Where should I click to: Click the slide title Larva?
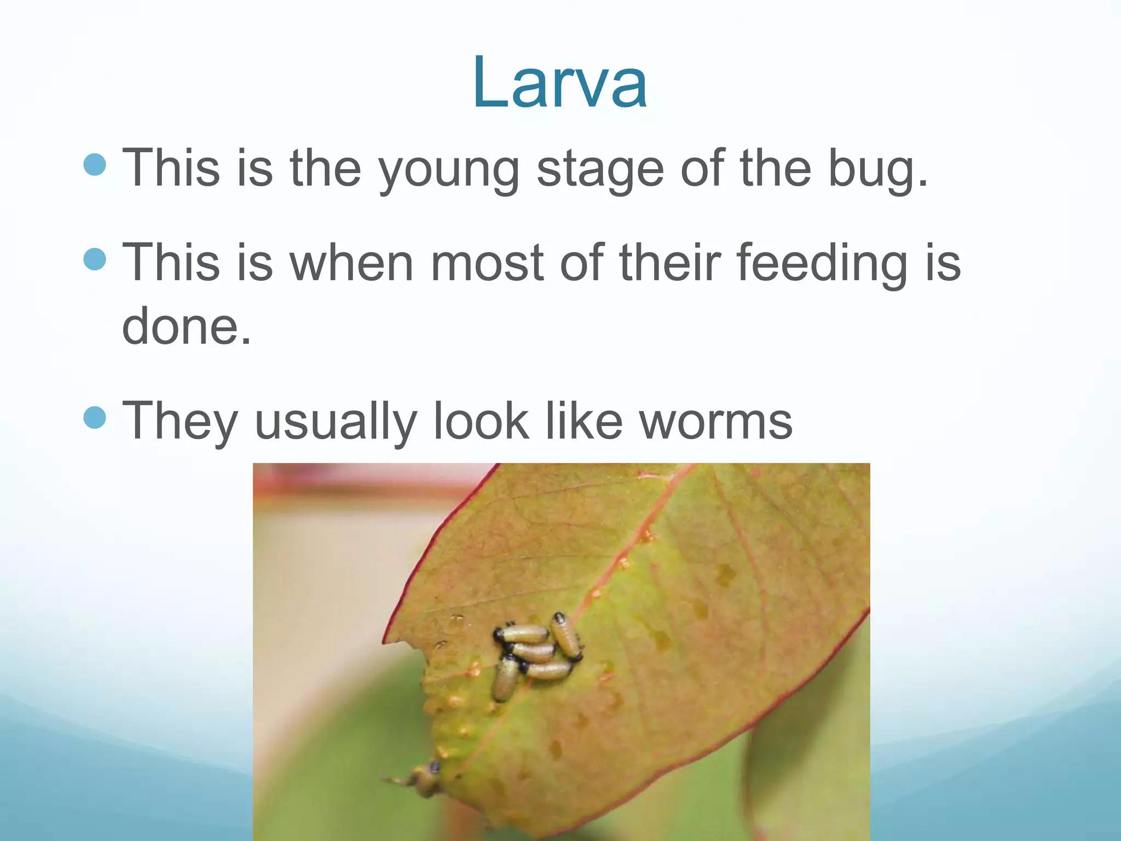click(x=560, y=84)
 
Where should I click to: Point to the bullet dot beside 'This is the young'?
click(x=95, y=164)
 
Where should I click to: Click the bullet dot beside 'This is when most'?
click(x=95, y=259)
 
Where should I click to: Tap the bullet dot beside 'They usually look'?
click(x=95, y=418)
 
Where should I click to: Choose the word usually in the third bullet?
click(x=335, y=422)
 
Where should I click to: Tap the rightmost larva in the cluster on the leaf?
click(x=566, y=636)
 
